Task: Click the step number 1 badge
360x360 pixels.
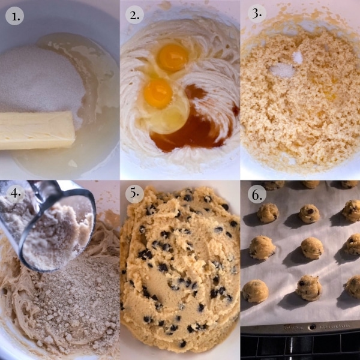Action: (x=14, y=16)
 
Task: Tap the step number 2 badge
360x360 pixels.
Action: (x=134, y=15)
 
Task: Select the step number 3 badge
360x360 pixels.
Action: (x=257, y=14)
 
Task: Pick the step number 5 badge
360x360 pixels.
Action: (x=134, y=194)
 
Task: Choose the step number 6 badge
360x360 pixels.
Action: (x=257, y=194)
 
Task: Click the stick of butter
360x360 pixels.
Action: (x=37, y=130)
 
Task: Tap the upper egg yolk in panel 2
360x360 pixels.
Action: (x=173, y=57)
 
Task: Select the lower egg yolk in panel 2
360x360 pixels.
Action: (x=158, y=93)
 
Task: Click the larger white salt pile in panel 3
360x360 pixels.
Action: (x=282, y=70)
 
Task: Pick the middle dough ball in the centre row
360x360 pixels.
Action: (x=312, y=248)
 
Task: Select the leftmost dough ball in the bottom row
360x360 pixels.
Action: (x=256, y=291)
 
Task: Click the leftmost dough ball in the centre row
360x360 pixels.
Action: (x=262, y=247)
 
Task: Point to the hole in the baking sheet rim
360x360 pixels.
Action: (x=312, y=327)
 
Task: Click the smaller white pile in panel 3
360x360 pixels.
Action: (x=298, y=58)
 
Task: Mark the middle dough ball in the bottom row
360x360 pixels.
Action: (x=309, y=288)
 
